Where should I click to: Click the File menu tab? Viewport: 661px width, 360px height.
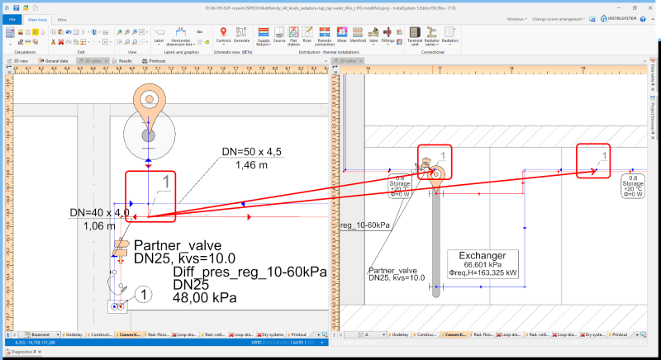click(12, 17)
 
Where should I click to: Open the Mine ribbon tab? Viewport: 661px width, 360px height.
click(62, 17)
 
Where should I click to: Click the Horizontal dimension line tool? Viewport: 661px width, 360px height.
click(180, 35)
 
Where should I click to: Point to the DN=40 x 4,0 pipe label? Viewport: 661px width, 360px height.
click(99, 214)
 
